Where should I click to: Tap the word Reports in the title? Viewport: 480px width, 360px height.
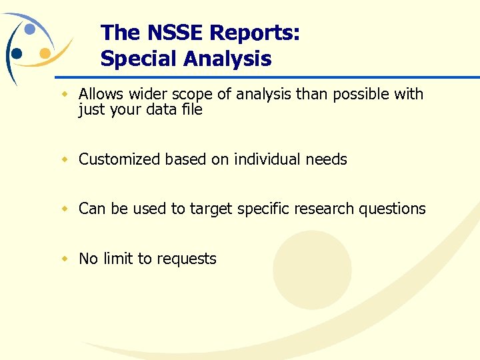click(x=253, y=33)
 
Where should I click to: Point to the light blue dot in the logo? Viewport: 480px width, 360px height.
click(x=30, y=29)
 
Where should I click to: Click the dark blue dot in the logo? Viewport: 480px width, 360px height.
click(x=17, y=54)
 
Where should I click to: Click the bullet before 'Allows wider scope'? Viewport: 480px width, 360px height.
click(x=65, y=94)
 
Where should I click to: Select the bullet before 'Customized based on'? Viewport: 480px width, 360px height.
click(x=65, y=159)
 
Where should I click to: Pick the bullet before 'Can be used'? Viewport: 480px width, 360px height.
click(x=65, y=209)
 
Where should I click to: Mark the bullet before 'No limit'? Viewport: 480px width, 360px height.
click(x=65, y=259)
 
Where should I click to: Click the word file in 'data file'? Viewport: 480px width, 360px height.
click(x=192, y=109)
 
